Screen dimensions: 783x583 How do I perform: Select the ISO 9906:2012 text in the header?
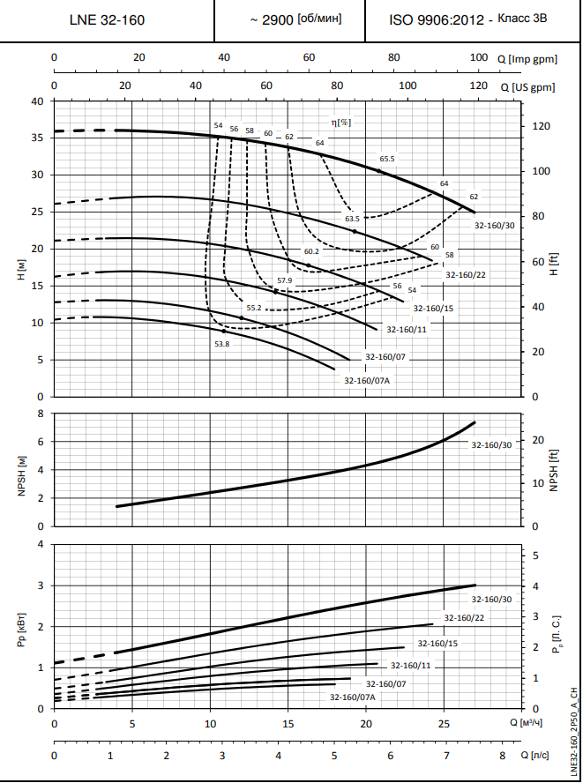pyautogui.click(x=437, y=19)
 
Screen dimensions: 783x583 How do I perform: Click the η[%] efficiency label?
pyautogui.click(x=340, y=123)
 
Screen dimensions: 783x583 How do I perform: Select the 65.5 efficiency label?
pyautogui.click(x=387, y=160)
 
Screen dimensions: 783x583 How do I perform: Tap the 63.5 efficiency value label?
pyautogui.click(x=352, y=218)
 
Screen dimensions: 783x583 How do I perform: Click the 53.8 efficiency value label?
pyautogui.click(x=221, y=344)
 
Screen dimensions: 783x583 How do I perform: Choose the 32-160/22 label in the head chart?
pyautogui.click(x=466, y=274)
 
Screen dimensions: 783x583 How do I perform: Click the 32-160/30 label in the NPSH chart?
pyautogui.click(x=491, y=444)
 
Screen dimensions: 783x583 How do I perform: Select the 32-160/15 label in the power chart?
pyautogui.click(x=437, y=644)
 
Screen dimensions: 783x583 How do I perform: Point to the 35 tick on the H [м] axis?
pyautogui.click(x=37, y=138)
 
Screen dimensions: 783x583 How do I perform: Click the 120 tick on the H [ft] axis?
pyautogui.click(x=539, y=127)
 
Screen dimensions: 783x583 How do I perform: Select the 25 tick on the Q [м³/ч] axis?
pyautogui.click(x=443, y=724)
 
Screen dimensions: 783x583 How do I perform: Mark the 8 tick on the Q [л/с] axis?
pyautogui.click(x=502, y=756)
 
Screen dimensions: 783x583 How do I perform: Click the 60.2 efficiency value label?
pyautogui.click(x=311, y=251)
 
